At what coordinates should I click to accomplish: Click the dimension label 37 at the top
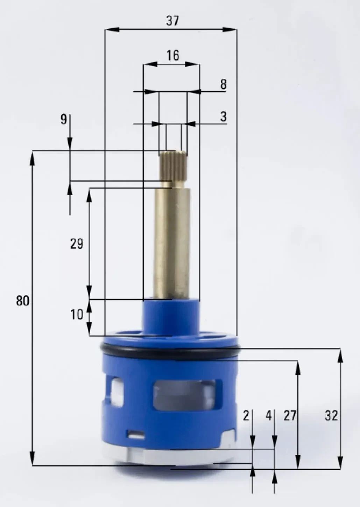coord(172,21)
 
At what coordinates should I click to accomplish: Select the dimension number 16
coord(173,55)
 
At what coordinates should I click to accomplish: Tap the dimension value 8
coord(223,84)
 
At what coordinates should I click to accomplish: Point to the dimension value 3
coord(223,117)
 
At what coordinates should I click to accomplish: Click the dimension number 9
coord(64,119)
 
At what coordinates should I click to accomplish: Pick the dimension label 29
coord(77,244)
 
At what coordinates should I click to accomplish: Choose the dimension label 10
coord(77,315)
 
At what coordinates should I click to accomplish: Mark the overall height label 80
coord(23,301)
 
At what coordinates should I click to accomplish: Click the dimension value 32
coord(331,416)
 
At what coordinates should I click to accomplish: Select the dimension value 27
coord(290,416)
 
